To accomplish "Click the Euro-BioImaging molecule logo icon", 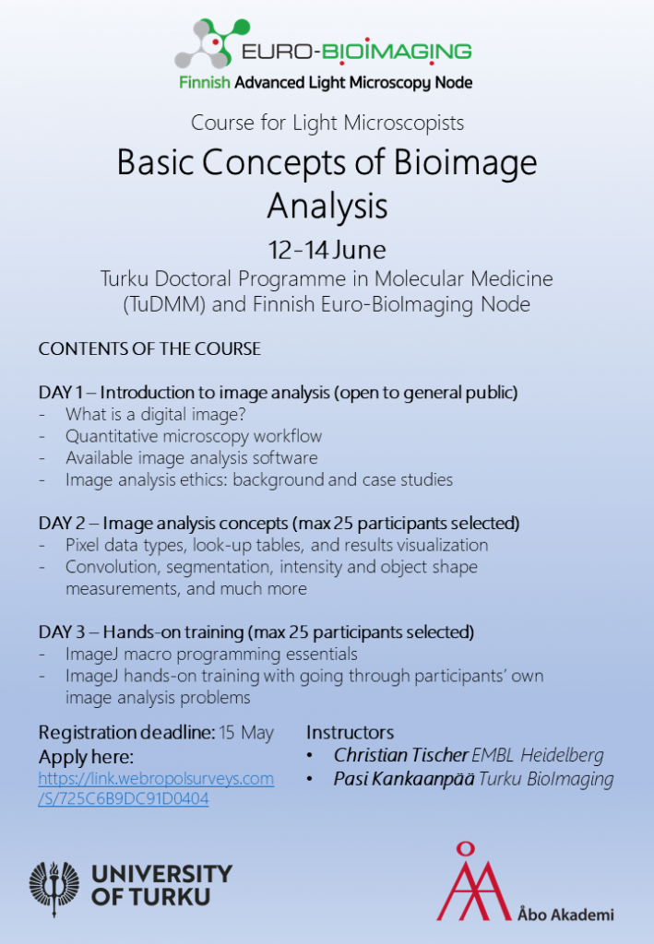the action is (x=212, y=43).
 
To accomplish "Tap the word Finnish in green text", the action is (x=205, y=82).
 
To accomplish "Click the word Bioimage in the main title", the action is (x=465, y=163).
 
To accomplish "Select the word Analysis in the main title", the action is (x=327, y=206).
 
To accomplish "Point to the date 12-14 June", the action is (x=327, y=250).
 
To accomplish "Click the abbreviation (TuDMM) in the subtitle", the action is (x=164, y=304).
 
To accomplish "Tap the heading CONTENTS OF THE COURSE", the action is (x=149, y=348).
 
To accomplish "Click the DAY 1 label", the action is (x=61, y=393).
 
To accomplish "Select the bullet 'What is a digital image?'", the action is (x=156, y=414).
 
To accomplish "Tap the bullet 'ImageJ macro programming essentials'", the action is (x=211, y=655).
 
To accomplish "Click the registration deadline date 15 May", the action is (x=246, y=733).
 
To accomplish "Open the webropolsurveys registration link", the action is (x=156, y=789).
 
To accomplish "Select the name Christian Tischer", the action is (x=401, y=755).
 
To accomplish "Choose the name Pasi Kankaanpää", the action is (x=404, y=779).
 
